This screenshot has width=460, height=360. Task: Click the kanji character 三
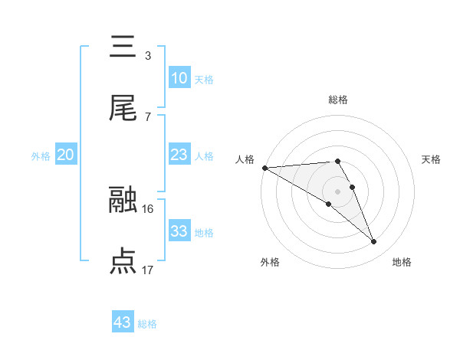123,47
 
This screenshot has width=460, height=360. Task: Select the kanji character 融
123,200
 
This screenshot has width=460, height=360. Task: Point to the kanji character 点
123,261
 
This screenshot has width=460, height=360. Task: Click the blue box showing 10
179,78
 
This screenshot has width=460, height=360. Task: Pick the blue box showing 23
179,155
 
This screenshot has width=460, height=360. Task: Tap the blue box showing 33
179,231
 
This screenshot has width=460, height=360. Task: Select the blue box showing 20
65,155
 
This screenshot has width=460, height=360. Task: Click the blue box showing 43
122,322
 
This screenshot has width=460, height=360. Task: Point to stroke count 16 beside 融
148,208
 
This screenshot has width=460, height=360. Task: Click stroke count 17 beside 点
148,270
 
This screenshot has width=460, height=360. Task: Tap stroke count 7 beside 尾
148,116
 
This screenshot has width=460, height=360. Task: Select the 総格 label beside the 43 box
148,324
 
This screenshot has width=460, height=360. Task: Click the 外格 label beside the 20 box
41,156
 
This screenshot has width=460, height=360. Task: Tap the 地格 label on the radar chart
402,263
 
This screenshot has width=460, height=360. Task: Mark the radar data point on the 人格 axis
264,168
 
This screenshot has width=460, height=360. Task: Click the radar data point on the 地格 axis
374,242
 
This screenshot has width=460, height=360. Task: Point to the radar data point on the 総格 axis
337,161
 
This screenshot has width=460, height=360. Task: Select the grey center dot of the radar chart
337,191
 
